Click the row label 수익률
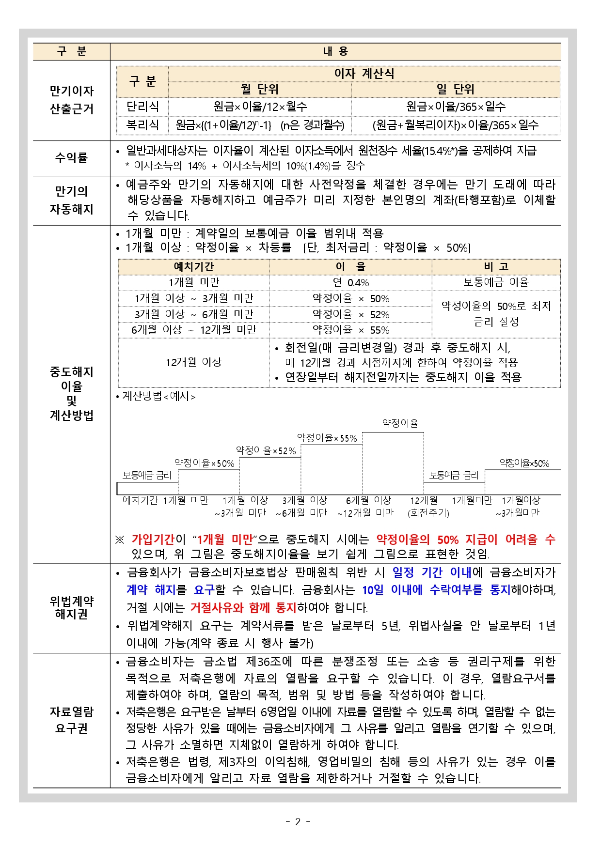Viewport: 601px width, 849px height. (71, 158)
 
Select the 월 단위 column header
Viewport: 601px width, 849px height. (260, 89)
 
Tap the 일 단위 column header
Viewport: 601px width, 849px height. (456, 89)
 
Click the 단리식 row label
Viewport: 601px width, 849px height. (142, 107)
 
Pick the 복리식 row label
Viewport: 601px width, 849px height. (142, 125)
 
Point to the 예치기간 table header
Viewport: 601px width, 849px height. (193, 266)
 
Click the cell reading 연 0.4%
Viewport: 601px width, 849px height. (350, 282)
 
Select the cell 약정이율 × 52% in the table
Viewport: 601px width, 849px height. (350, 314)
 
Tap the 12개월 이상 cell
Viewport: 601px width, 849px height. (193, 362)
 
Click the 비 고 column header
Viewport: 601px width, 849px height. (496, 266)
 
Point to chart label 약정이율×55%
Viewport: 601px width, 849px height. (327, 438)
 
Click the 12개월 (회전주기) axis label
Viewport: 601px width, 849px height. (428, 506)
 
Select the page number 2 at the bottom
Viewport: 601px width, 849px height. (298, 821)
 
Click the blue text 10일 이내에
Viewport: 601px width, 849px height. (392, 590)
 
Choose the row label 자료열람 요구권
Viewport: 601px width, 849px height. (71, 720)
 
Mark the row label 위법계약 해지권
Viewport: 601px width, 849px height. (71, 607)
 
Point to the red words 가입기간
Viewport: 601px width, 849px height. (153, 540)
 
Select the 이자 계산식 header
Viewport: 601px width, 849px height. (364, 74)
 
